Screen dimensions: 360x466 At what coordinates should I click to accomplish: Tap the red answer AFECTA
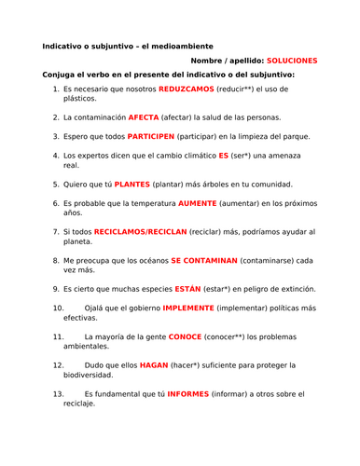point(143,117)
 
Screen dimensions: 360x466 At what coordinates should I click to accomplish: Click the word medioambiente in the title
point(180,46)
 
